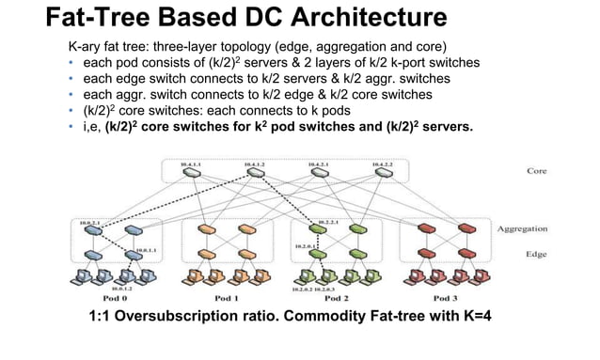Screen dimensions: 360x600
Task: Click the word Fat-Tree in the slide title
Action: (106, 18)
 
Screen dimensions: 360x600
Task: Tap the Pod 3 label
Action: (436, 297)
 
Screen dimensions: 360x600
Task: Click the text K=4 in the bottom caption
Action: (471, 315)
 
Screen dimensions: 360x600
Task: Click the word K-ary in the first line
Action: (87, 46)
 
